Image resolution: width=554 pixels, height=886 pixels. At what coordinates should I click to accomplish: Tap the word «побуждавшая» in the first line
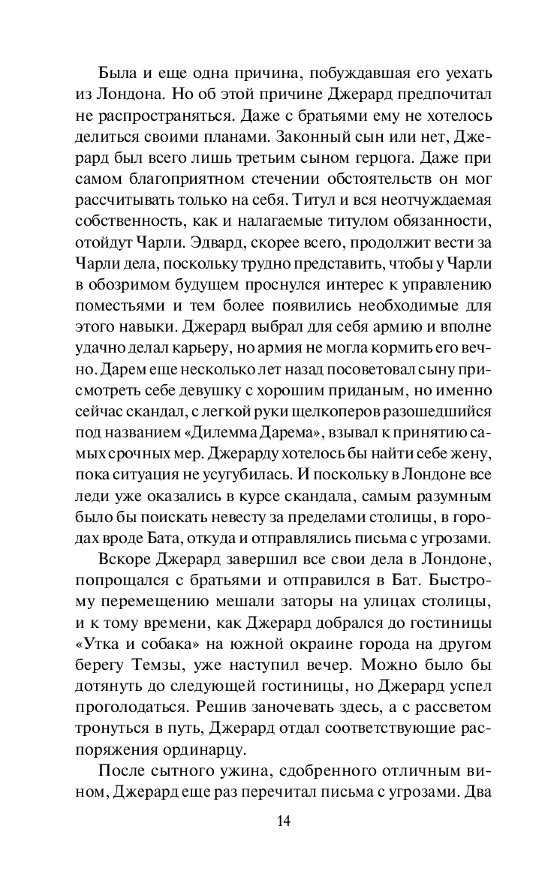click(x=351, y=74)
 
